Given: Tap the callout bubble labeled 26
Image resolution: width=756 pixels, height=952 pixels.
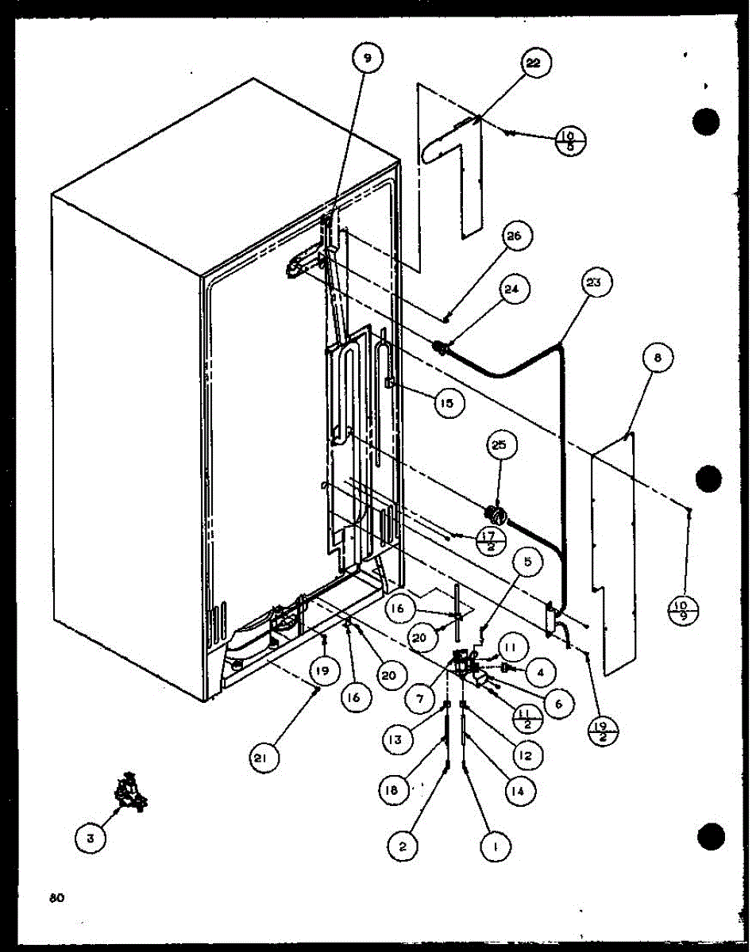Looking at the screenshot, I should coord(517,236).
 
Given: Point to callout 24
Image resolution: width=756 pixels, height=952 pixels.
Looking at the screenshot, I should coord(511,290).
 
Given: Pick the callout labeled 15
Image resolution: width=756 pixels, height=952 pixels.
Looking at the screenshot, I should coord(448,403).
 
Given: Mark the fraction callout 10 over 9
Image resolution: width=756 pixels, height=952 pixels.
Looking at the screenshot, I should coord(681,610).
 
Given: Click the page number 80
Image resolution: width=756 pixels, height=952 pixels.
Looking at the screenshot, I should coord(55,898).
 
